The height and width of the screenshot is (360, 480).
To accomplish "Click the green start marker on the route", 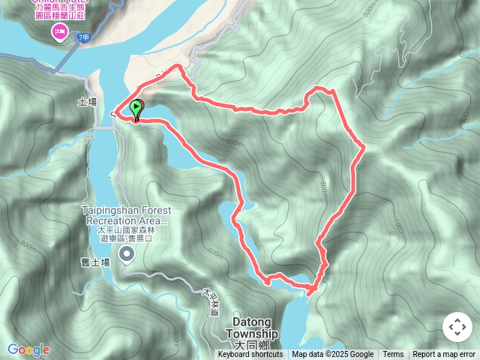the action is (x=136, y=110).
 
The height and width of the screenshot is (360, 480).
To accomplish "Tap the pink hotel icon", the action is (x=58, y=31).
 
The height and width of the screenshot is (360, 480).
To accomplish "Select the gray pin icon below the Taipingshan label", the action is (x=127, y=256).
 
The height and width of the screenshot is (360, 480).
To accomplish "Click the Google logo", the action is (x=28, y=349).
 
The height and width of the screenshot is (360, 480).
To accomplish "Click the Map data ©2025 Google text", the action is (x=333, y=355).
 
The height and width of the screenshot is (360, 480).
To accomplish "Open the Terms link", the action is (x=393, y=355).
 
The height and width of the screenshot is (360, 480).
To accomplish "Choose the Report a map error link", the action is (x=444, y=355).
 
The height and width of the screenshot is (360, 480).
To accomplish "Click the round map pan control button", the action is (x=456, y=328).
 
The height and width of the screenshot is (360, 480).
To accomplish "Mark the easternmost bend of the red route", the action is (x=364, y=147).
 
